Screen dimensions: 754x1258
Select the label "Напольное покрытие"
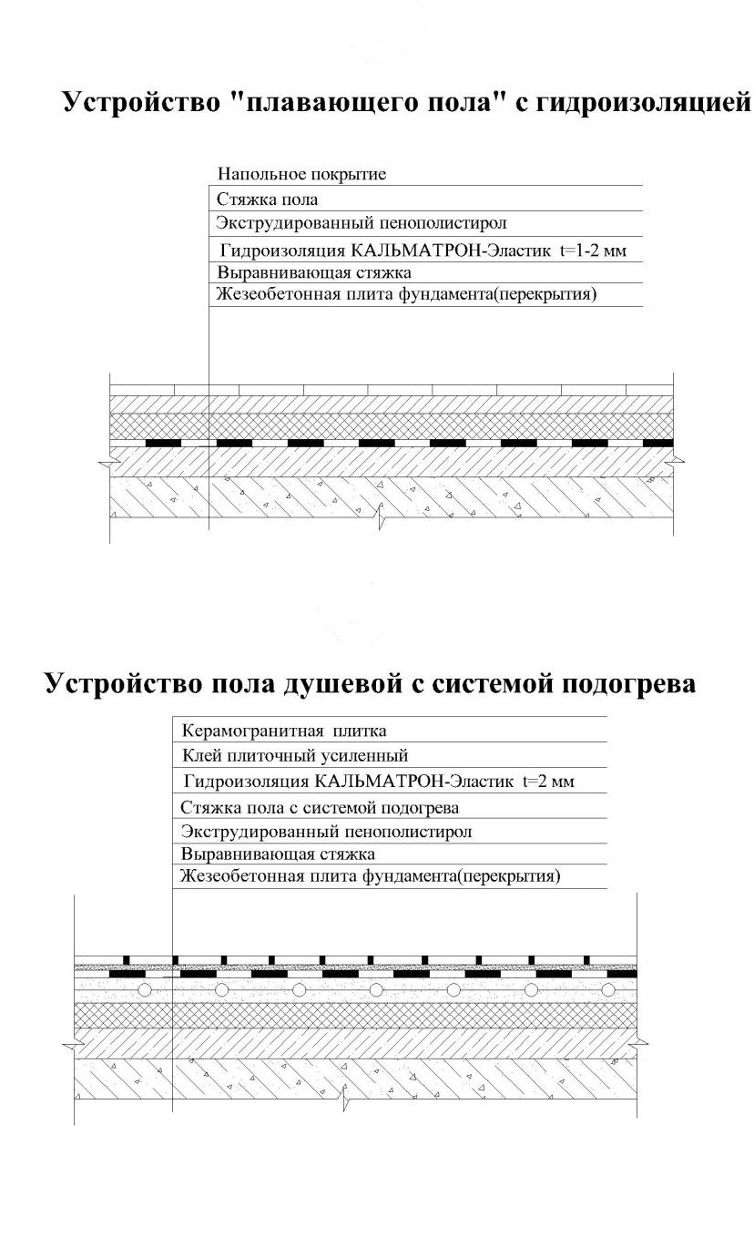coord(302,174)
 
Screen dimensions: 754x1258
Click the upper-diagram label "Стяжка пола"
coord(267,199)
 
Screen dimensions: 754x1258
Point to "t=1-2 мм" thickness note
coord(593,251)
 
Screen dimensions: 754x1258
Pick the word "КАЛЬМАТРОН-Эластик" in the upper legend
coord(450,251)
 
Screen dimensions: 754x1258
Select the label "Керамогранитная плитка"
coord(284,731)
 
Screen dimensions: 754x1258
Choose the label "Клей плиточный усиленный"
coord(295,756)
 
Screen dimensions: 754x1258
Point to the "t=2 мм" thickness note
coord(548,782)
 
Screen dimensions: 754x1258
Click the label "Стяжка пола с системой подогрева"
coord(320,808)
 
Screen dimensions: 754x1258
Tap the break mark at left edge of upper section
coord(109,464)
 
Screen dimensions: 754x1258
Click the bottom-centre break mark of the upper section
coord(380,517)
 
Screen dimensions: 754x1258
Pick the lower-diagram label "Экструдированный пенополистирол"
coord(326,832)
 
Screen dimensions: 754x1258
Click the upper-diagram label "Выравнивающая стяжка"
coord(314,273)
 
